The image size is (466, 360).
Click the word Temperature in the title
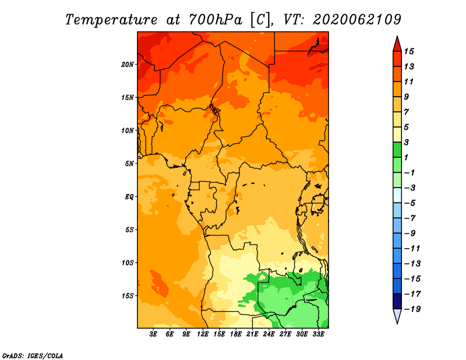(x=111, y=20)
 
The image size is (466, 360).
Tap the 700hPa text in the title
(x=215, y=20)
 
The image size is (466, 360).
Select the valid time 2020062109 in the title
(x=357, y=20)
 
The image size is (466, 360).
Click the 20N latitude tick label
(x=128, y=65)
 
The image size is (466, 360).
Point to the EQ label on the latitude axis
(x=129, y=197)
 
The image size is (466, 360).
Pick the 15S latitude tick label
(x=128, y=296)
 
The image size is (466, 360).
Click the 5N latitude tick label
(x=129, y=164)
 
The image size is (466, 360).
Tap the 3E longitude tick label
(x=153, y=334)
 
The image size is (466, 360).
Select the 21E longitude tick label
(x=252, y=334)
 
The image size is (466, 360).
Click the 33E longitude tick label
(x=318, y=334)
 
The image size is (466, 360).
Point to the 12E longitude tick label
(x=202, y=334)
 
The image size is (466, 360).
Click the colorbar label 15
(x=409, y=51)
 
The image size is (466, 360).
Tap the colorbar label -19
(x=412, y=309)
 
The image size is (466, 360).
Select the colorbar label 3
(x=407, y=142)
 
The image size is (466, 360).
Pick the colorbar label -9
(x=410, y=234)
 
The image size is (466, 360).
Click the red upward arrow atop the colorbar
(x=397, y=44)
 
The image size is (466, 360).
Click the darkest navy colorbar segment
(x=397, y=301)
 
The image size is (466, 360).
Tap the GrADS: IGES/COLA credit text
(x=33, y=356)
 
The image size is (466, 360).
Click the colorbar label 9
(x=407, y=97)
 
